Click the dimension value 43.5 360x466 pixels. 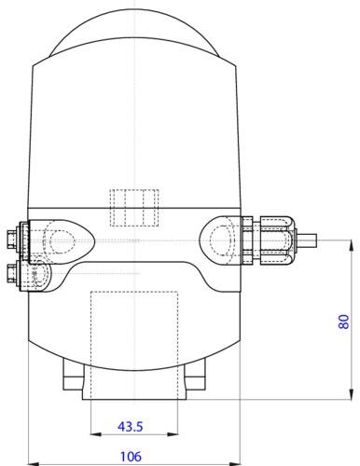coord(131,427)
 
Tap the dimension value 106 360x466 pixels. coord(131,457)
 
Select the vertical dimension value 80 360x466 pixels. coord(343,322)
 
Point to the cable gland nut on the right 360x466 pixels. coord(278,240)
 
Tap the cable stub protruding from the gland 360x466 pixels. coord(307,240)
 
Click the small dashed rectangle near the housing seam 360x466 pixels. coord(134,208)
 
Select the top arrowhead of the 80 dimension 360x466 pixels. coord(352,245)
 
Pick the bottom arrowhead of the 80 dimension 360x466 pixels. coord(352,394)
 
